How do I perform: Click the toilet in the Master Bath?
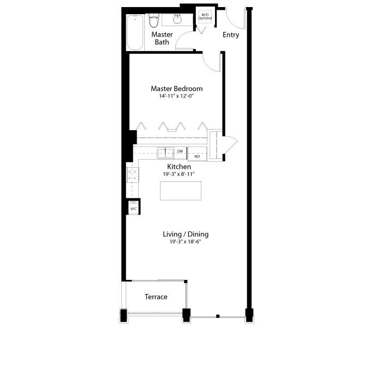tap(153, 21)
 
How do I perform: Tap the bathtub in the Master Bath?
tap(135, 33)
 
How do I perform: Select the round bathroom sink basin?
tap(177, 19)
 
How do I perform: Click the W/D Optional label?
tap(205, 16)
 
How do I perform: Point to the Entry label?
tap(231, 35)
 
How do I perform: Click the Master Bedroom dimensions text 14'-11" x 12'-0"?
tap(176, 96)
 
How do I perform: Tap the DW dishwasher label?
tap(180, 151)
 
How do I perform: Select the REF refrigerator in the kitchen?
tap(197, 154)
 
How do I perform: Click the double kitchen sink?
tap(165, 153)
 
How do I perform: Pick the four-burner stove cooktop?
tap(133, 175)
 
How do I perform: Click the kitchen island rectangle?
tap(181, 191)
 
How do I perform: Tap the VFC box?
tap(134, 209)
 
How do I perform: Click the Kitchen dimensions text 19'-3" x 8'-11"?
tap(179, 174)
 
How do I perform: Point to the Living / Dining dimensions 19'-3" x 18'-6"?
tap(186, 242)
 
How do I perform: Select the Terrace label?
tap(156, 297)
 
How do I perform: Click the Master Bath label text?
tap(162, 38)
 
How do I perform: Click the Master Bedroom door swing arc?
tap(209, 66)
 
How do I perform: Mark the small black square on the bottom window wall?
tap(218, 316)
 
